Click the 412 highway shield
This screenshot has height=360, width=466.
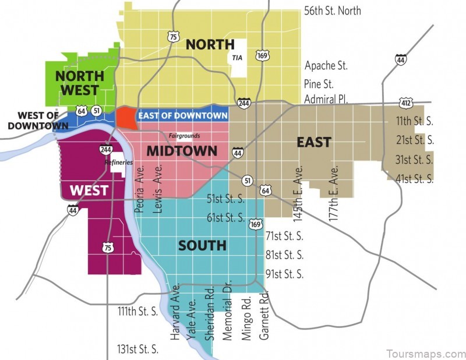click(406, 103)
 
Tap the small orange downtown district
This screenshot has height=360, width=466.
click(125, 117)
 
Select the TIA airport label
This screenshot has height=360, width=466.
click(236, 58)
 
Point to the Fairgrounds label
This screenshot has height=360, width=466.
click(184, 136)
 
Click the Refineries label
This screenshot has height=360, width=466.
click(119, 163)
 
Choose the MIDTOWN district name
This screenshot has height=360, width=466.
click(182, 151)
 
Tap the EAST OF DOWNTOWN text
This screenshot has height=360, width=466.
click(182, 116)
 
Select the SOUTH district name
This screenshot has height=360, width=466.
click(202, 245)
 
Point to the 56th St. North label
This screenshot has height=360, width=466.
click(333, 10)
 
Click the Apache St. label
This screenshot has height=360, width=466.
click(326, 66)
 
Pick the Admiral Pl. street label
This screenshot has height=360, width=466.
click(326, 100)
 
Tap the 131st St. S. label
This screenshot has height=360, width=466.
click(137, 349)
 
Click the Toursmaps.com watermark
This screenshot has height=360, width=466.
click(425, 354)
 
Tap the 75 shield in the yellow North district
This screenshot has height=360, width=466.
click(173, 37)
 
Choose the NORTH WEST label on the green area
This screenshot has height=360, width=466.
click(79, 83)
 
